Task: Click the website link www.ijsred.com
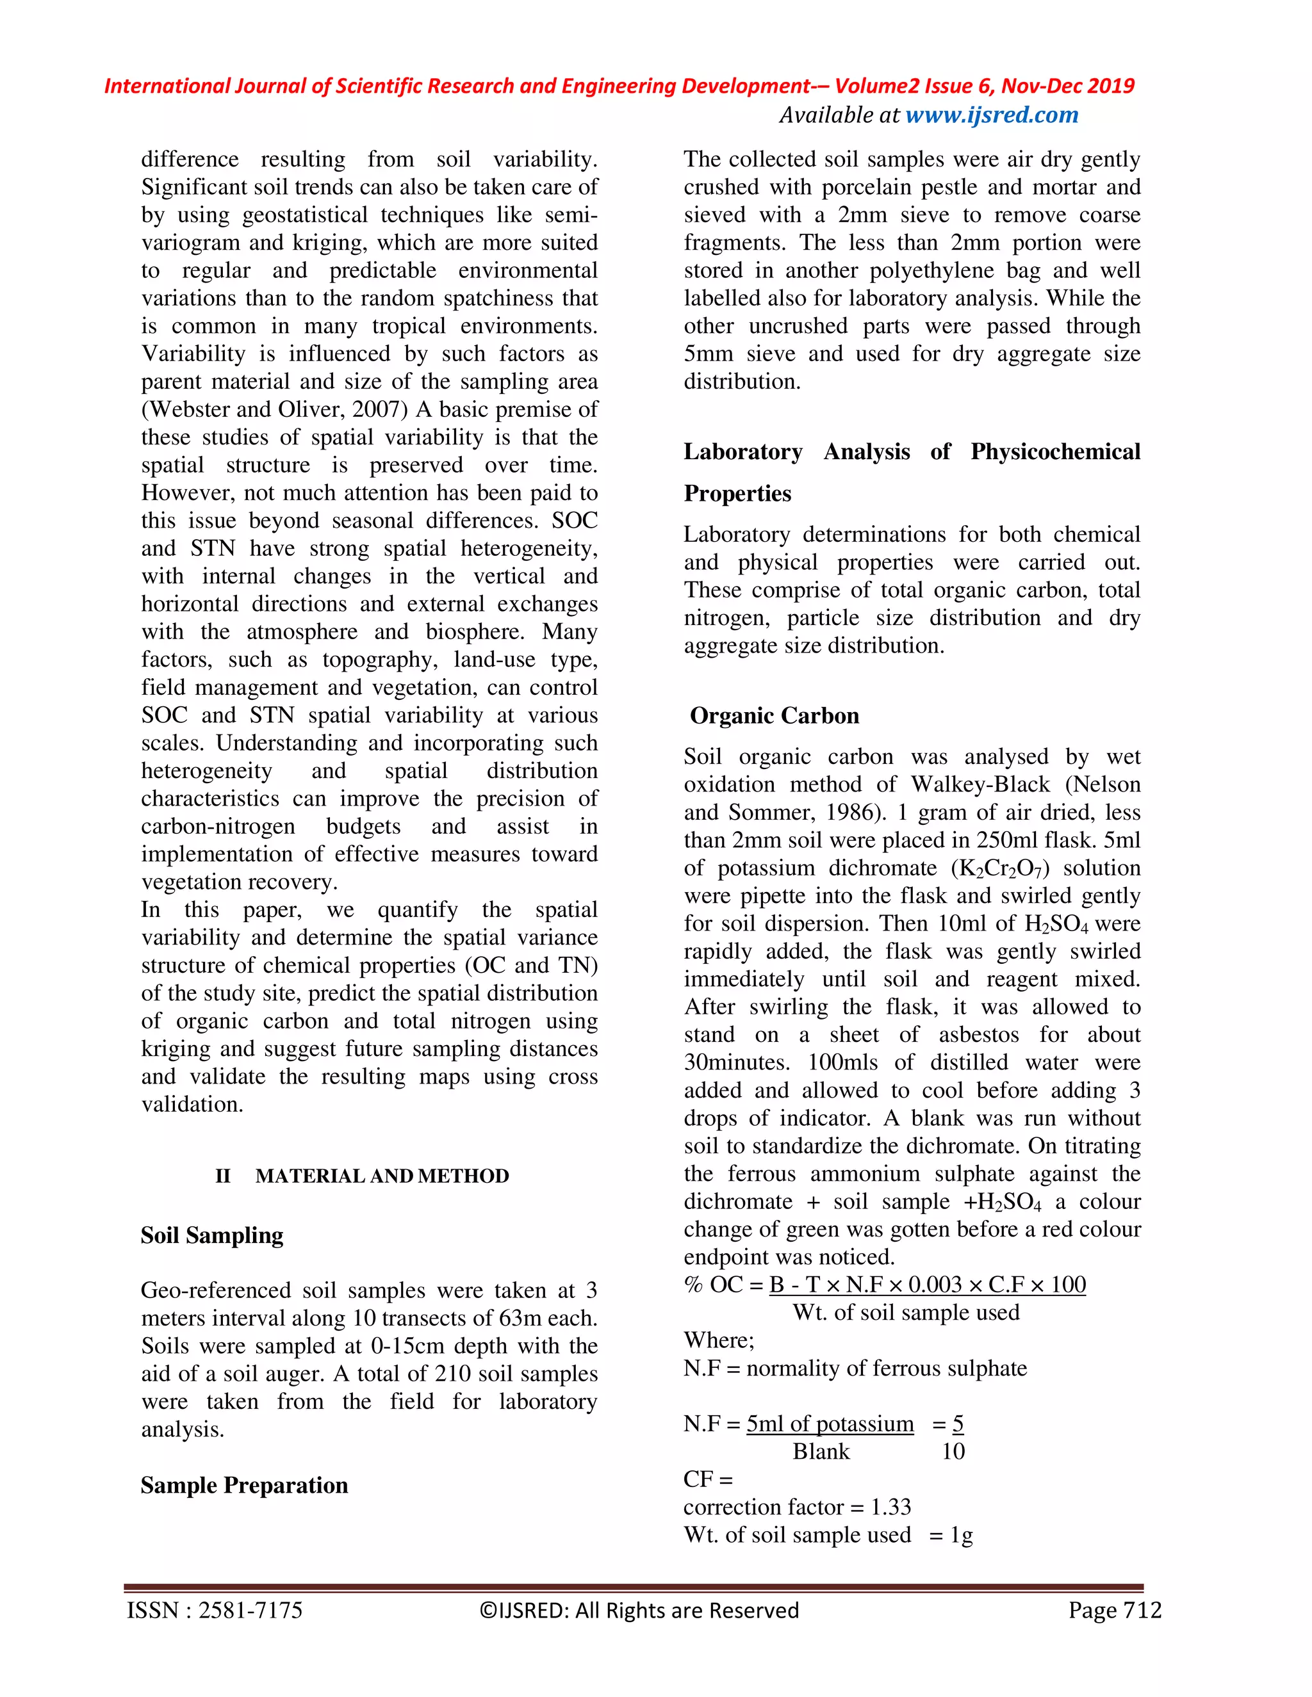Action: pyautogui.click(x=992, y=115)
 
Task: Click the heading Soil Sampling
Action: pyautogui.click(x=211, y=1235)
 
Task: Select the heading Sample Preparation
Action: pyautogui.click(x=244, y=1485)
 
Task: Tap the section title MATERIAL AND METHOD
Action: pyautogui.click(x=382, y=1176)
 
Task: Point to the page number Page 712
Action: pyautogui.click(x=1114, y=1611)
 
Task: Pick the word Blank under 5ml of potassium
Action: pyautogui.click(x=821, y=1452)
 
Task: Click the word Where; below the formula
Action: pyautogui.click(x=719, y=1340)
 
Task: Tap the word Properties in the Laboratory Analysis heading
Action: pyautogui.click(x=737, y=493)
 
